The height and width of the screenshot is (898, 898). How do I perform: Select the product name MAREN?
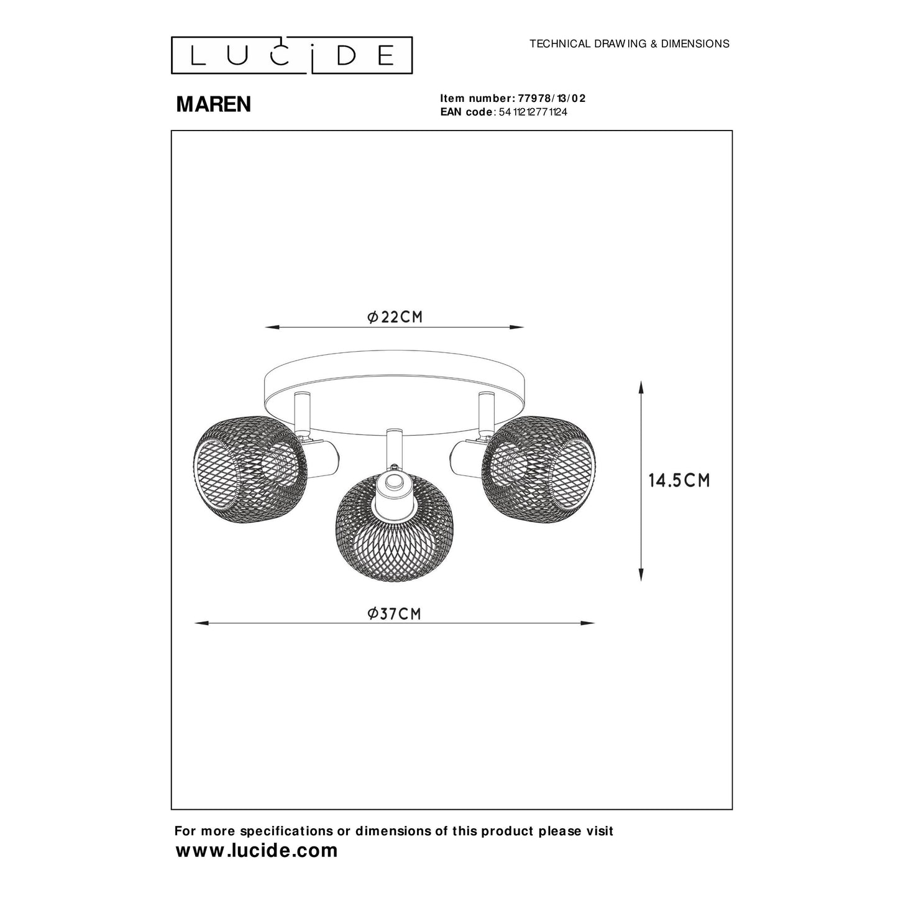[214, 104]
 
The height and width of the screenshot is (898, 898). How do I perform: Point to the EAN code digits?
[533, 112]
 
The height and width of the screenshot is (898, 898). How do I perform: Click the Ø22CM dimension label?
[395, 317]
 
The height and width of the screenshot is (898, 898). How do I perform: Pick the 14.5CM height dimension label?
[679, 480]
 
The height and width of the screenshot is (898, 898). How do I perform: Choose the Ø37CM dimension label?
[394, 614]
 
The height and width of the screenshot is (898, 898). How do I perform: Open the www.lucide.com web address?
[257, 851]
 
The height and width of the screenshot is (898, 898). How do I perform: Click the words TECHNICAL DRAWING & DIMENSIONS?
[629, 44]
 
